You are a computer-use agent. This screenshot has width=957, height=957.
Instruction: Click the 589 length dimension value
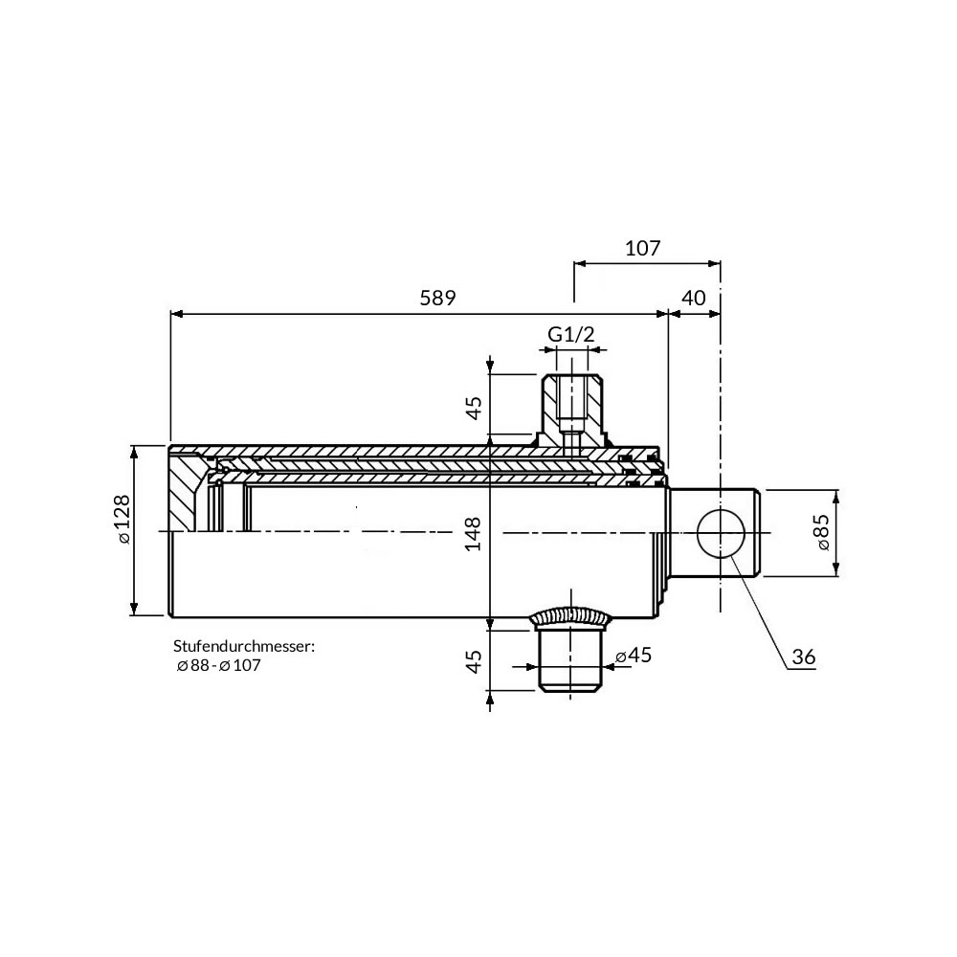[437, 298]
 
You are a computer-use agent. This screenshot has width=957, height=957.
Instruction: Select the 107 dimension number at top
[643, 249]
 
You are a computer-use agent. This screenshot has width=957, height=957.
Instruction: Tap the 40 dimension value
[693, 298]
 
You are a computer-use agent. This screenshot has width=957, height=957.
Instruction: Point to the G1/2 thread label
[570, 334]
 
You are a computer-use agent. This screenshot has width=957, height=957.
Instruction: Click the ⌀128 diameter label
[122, 519]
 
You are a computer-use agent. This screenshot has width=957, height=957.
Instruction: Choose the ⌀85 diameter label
[822, 532]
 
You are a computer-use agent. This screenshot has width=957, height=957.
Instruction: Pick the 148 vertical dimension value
[474, 533]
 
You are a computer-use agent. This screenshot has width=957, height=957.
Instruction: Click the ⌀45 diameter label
[634, 655]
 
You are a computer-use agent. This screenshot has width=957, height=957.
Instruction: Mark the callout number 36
[803, 657]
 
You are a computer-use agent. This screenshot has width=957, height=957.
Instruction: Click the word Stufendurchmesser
[243, 646]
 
